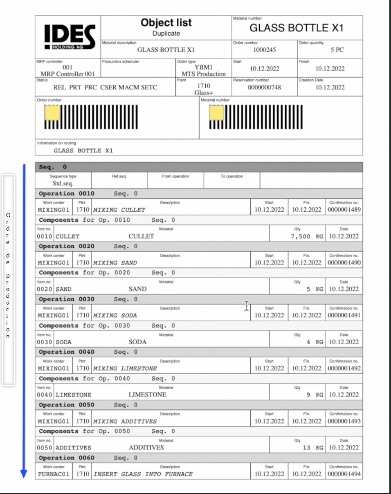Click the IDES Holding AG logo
tap(70, 36)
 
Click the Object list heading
tap(166, 23)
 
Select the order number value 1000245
tap(264, 50)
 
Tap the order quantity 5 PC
tap(337, 50)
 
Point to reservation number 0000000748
tap(264, 88)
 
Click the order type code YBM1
tap(204, 67)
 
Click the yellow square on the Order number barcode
tap(52, 113)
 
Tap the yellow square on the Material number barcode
tap(217, 113)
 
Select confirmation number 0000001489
tap(344, 210)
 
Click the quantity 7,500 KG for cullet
tap(307, 236)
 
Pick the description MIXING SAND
tap(115, 263)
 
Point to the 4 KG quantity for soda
tap(315, 342)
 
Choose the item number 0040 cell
tap(45, 395)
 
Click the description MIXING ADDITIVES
tap(125, 421)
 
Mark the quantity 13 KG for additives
tap(312, 448)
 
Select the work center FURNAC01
tap(54, 474)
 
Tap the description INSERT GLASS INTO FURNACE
tap(143, 474)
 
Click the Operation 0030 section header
tap(67, 299)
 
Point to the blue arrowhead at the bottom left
tap(24, 474)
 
